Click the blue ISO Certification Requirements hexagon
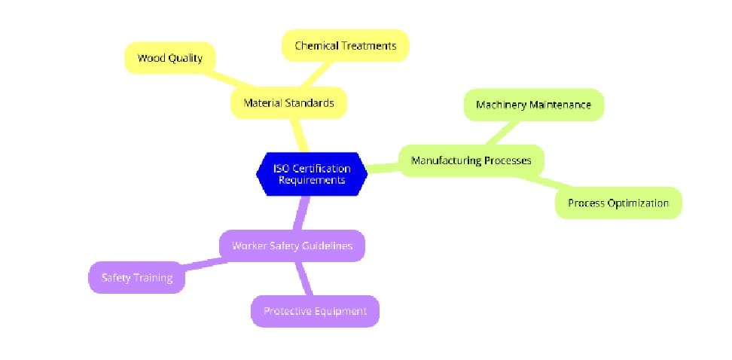[311, 173]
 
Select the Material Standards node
[288, 103]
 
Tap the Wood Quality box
[169, 58]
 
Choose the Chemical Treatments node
[345, 46]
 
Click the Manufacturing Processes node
[471, 160]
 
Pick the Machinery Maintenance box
[534, 105]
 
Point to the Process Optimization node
[618, 203]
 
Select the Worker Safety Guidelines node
[291, 246]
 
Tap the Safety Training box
[137, 278]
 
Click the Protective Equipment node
[314, 311]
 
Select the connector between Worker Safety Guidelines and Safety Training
[202, 263]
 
